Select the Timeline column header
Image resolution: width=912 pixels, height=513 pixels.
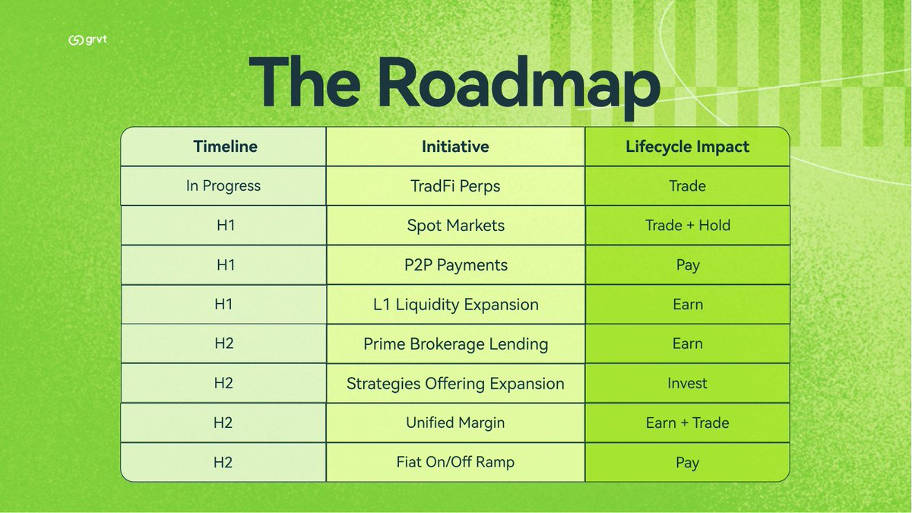point(225,147)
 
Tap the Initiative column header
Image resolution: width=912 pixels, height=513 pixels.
point(455,147)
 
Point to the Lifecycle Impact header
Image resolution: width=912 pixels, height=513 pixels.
point(687,147)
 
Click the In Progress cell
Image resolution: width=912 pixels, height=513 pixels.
point(223,186)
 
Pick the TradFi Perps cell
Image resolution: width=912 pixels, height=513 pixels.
point(455,186)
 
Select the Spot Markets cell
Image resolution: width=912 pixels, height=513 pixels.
point(455,226)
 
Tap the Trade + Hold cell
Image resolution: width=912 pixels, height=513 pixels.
point(687,226)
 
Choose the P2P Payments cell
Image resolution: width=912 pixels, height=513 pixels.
point(455,265)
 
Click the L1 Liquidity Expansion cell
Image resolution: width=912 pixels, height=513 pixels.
point(455,305)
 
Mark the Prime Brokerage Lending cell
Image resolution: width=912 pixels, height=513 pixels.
point(455,344)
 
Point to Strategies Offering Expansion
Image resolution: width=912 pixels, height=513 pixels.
point(455,384)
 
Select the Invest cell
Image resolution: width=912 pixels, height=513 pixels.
point(687,384)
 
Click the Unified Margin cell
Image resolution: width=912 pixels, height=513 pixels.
point(455,423)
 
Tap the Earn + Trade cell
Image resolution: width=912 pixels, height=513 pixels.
point(687,423)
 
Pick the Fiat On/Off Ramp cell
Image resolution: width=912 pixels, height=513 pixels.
point(455,462)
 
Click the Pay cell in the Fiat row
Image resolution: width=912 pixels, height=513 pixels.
point(687,463)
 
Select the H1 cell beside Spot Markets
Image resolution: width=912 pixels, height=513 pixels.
point(223,226)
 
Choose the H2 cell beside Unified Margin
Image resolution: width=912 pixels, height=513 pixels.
point(223,423)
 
